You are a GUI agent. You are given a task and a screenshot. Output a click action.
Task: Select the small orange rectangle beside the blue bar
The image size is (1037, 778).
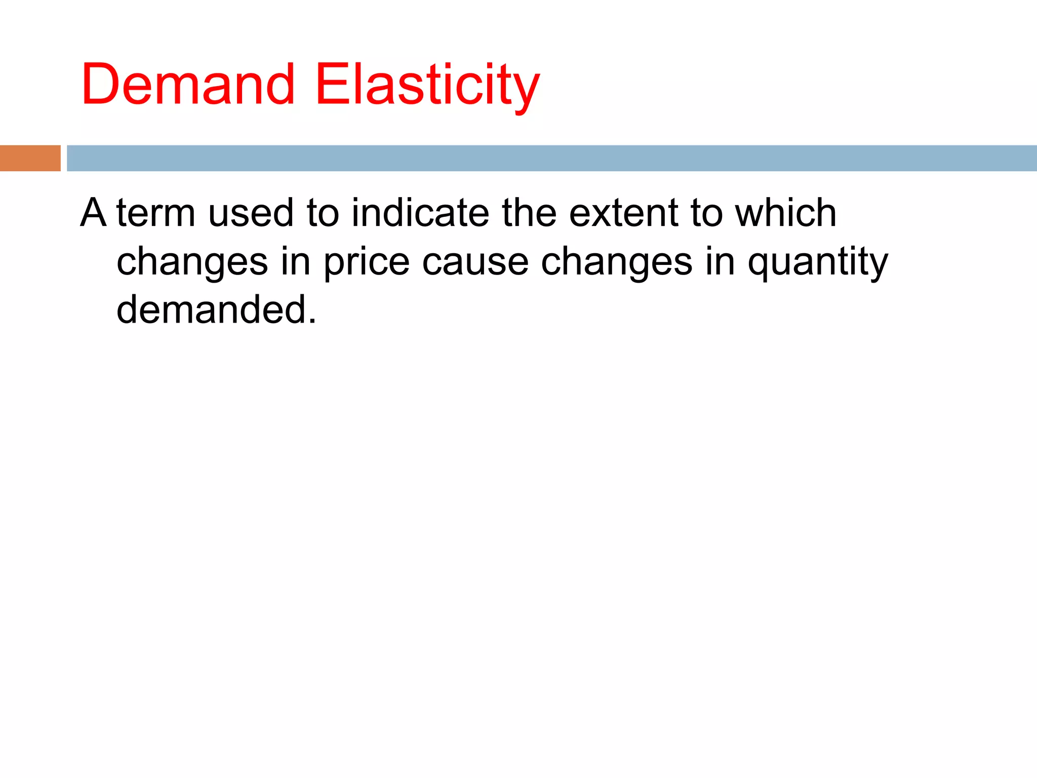(x=30, y=158)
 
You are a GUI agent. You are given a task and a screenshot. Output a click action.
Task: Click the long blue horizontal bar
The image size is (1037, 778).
(x=551, y=158)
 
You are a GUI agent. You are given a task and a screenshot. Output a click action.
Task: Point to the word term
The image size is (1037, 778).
(x=156, y=213)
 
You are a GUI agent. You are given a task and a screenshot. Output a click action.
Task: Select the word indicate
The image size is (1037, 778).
(x=420, y=213)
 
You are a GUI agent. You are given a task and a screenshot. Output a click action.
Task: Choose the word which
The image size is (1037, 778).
(x=785, y=213)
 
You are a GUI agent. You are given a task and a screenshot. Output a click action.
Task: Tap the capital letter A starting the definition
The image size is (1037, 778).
(x=93, y=213)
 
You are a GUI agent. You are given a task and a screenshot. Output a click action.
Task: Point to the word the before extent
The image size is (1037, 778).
(x=529, y=213)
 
